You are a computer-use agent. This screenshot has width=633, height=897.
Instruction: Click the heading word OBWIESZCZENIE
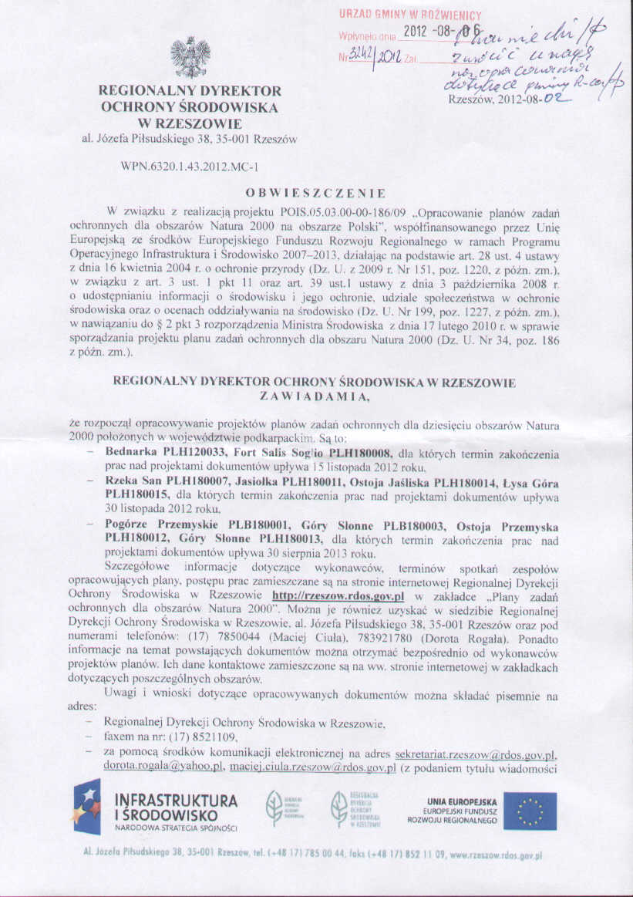[316, 193]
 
